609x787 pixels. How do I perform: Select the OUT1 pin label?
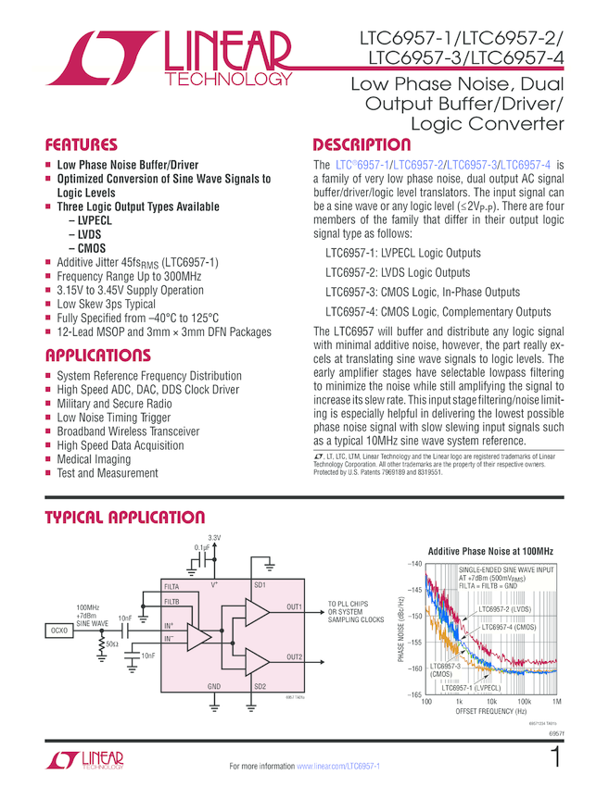tap(295, 606)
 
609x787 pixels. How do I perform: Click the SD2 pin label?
tap(260, 686)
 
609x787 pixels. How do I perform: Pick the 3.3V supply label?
tap(214, 538)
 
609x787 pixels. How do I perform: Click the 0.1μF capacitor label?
tap(201, 547)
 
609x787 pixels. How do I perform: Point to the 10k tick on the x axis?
tap(491, 703)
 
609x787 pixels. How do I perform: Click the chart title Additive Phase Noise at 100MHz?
tap(488, 551)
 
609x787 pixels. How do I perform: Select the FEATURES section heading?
tap(82, 145)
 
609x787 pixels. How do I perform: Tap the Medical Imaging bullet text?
tap(94, 459)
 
